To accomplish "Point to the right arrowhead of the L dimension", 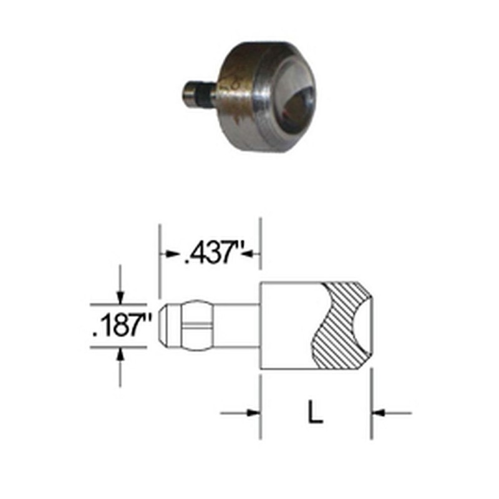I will (379, 412).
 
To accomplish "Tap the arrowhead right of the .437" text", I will (253, 253).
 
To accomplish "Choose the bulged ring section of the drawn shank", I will (193, 326).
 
